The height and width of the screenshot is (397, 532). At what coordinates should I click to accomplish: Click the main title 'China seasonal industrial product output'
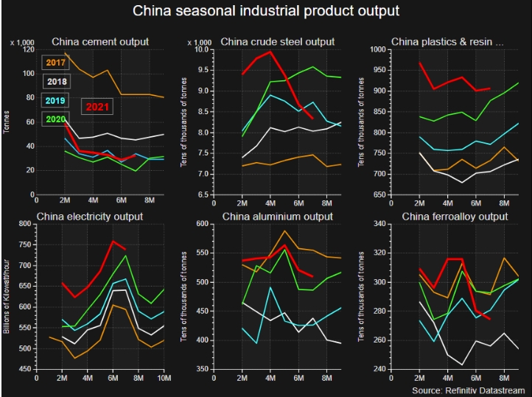pos(266,12)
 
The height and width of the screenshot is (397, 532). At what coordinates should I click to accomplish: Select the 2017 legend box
pos(54,63)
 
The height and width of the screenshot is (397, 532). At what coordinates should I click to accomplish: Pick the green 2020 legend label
pos(57,118)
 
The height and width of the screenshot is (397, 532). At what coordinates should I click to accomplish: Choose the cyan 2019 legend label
pos(57,100)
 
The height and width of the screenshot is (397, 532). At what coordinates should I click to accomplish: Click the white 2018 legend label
pos(56,82)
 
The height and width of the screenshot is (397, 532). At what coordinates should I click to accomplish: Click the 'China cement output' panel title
pos(99,42)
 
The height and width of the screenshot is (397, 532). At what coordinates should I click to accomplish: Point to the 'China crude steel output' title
pos(277,42)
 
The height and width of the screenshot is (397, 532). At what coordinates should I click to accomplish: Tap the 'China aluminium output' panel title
pos(276,217)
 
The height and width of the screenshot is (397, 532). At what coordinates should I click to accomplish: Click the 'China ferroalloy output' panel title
pos(455,217)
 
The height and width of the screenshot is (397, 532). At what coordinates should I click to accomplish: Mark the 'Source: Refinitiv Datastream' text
pos(468,388)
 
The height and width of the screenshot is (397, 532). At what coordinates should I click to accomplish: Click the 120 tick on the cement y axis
pos(28,49)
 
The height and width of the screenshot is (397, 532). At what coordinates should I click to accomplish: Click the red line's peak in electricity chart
pos(113,241)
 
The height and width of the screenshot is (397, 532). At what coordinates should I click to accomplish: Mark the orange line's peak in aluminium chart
pos(284,231)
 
